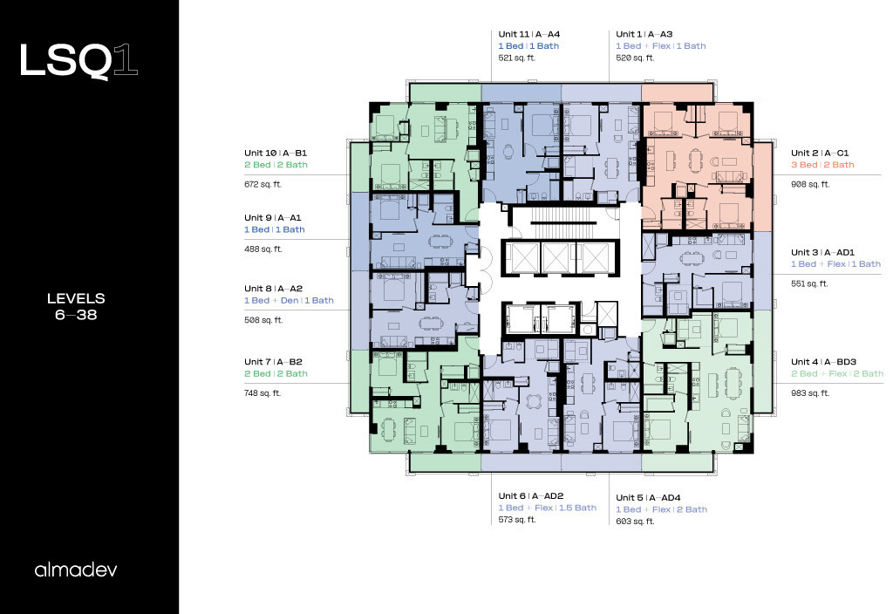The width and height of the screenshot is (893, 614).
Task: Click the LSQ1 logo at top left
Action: point(78,60)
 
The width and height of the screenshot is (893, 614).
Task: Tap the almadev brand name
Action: point(76,570)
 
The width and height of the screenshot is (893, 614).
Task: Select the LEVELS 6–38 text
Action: point(76,306)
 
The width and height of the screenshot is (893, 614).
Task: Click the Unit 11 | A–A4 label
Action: point(529,34)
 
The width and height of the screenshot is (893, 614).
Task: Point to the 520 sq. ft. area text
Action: point(635,58)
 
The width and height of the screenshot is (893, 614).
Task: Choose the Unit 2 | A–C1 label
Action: point(820,153)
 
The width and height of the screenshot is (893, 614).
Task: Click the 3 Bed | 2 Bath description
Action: point(822,165)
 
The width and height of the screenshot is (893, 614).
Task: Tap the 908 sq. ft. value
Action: point(810,184)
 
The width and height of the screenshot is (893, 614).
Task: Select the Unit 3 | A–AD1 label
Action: point(822,252)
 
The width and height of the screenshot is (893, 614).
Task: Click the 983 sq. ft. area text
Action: point(810,393)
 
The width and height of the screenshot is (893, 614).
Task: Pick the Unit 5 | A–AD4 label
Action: point(648,498)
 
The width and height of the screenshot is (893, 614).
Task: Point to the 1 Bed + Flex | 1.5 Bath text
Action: point(548,508)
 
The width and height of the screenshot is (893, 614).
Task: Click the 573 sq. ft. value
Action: point(517,520)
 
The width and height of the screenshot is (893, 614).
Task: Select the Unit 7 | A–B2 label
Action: point(273,362)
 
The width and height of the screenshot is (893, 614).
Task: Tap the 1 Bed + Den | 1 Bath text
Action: point(289,300)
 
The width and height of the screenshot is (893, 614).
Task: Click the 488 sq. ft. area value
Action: point(263,249)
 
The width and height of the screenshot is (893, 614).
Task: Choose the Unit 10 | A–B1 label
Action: point(276,153)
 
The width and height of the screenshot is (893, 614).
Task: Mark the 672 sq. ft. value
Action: point(263,184)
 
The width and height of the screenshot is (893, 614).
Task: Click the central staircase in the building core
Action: point(560,216)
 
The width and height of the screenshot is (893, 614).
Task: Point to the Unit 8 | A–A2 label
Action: point(273,288)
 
